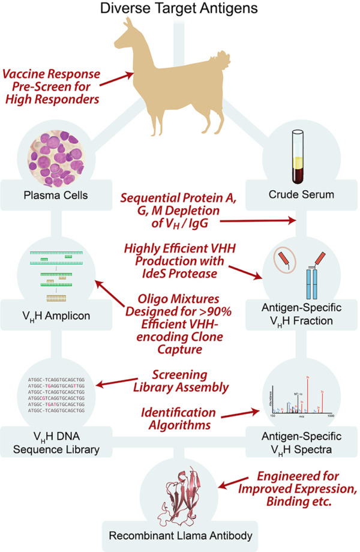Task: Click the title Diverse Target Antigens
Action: pos(179,10)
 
